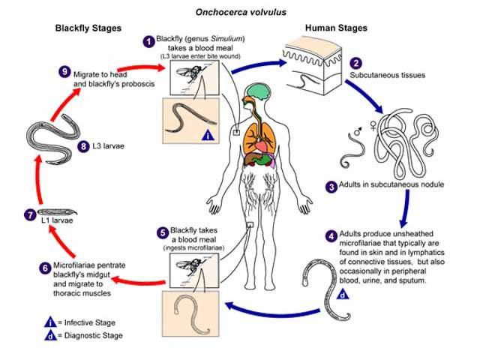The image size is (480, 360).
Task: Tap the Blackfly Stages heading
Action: [x=88, y=28]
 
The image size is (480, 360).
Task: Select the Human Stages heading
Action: [x=335, y=28]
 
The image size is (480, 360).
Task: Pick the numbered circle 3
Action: [x=331, y=185]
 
